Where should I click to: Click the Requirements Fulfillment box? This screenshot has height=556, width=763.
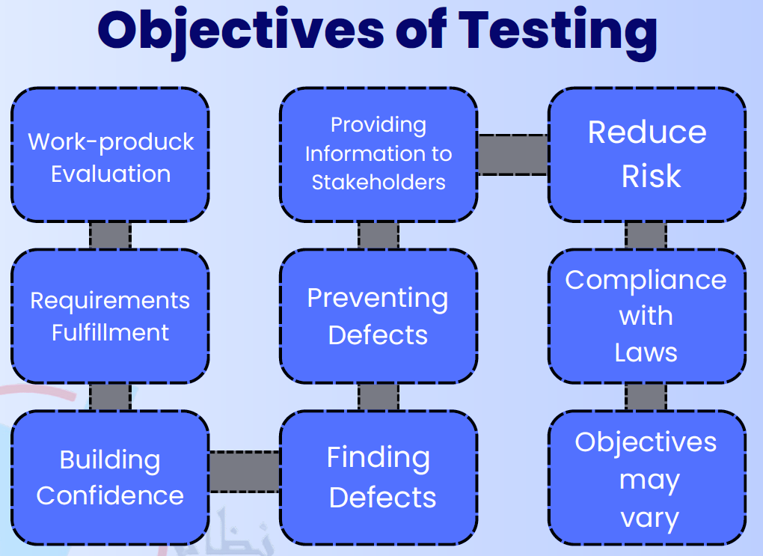pos(110,316)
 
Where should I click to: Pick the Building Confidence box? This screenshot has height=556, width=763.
pos(110,477)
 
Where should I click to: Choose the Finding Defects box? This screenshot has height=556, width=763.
pos(379,477)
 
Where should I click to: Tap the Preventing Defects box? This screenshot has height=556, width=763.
pos(379,316)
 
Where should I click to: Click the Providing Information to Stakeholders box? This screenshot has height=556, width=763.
pos(379,153)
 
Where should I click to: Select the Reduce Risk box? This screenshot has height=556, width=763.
pos(647,154)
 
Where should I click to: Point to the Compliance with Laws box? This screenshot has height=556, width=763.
pos(647,316)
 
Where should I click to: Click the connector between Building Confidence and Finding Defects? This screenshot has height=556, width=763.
pos(245,471)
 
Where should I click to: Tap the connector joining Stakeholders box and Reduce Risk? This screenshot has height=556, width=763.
pos(513,155)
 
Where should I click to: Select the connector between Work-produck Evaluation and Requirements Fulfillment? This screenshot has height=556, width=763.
pos(110,235)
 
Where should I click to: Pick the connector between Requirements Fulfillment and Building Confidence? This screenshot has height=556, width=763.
pos(110,397)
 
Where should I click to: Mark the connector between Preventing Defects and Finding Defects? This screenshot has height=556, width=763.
pos(379,397)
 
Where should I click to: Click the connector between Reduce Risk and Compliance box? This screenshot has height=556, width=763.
pos(646,235)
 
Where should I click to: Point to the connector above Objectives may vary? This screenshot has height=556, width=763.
pos(646,397)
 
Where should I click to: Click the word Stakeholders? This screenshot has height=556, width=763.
pos(379,182)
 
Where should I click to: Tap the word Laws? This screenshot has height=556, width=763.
pos(646,352)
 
